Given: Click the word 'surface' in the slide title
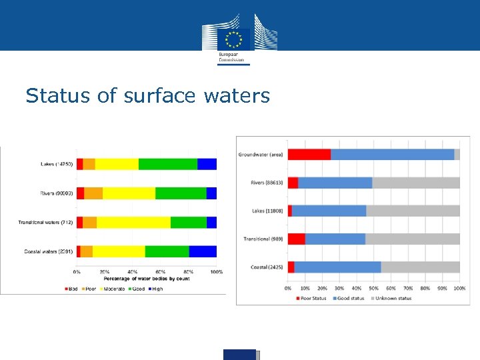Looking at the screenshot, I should click(x=157, y=96).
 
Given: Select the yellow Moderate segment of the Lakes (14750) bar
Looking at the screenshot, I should click(x=117, y=164).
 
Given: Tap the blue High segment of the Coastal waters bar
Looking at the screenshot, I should click(x=203, y=251).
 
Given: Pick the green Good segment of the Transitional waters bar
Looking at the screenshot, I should click(x=189, y=223).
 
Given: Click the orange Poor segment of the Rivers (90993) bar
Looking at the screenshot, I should click(x=93, y=193).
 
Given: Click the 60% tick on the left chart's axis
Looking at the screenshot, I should click(x=161, y=272).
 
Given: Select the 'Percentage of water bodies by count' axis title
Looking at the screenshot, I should click(x=147, y=279).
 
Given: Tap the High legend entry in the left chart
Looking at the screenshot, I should click(x=155, y=289).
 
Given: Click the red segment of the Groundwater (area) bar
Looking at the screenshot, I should click(x=309, y=155).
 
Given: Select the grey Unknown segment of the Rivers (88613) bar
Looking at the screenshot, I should click(x=416, y=183).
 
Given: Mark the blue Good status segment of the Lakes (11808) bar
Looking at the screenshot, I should click(x=329, y=211).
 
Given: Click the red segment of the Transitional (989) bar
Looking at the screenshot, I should click(x=296, y=239).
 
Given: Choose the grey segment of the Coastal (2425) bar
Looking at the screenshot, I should click(x=420, y=267).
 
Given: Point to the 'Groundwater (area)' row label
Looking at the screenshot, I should click(x=261, y=155).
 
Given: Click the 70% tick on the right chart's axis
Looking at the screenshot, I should click(x=408, y=288).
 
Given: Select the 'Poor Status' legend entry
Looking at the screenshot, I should click(x=311, y=298).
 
